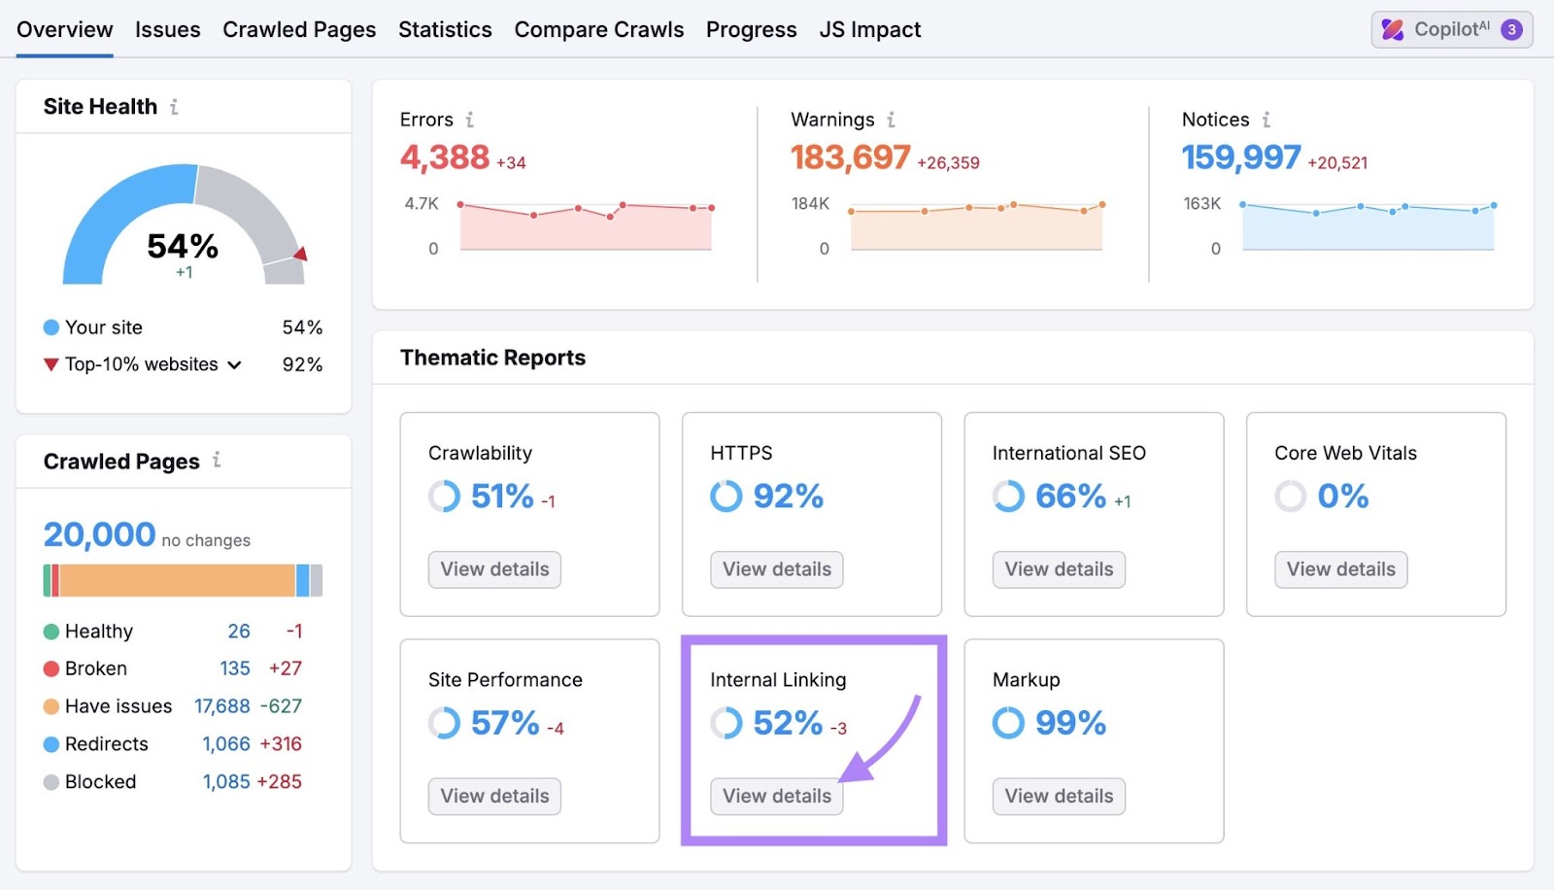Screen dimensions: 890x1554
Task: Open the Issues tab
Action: tap(167, 30)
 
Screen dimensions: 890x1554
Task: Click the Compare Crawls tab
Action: tap(598, 30)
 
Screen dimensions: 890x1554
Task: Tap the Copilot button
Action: tap(1451, 30)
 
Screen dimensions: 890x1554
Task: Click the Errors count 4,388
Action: tap(445, 157)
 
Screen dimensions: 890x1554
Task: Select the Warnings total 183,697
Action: tap(850, 157)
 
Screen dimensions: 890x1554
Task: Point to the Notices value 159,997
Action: tap(1240, 157)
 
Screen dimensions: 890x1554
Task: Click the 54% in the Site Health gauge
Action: tap(183, 247)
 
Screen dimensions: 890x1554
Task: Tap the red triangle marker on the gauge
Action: tap(301, 254)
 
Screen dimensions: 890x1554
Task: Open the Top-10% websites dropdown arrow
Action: tap(235, 365)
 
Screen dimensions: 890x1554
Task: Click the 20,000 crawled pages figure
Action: tap(99, 535)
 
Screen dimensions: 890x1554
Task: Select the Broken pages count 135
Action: tap(235, 668)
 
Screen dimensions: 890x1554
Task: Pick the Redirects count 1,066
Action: tap(226, 744)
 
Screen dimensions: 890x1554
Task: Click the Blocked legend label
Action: tap(100, 782)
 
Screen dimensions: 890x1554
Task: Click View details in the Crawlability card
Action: tap(494, 569)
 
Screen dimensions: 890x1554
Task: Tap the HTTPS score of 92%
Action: tap(788, 496)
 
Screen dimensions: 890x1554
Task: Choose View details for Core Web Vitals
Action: tap(1340, 569)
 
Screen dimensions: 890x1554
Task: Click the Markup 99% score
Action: tap(1070, 723)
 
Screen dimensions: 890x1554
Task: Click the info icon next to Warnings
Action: tap(891, 120)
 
